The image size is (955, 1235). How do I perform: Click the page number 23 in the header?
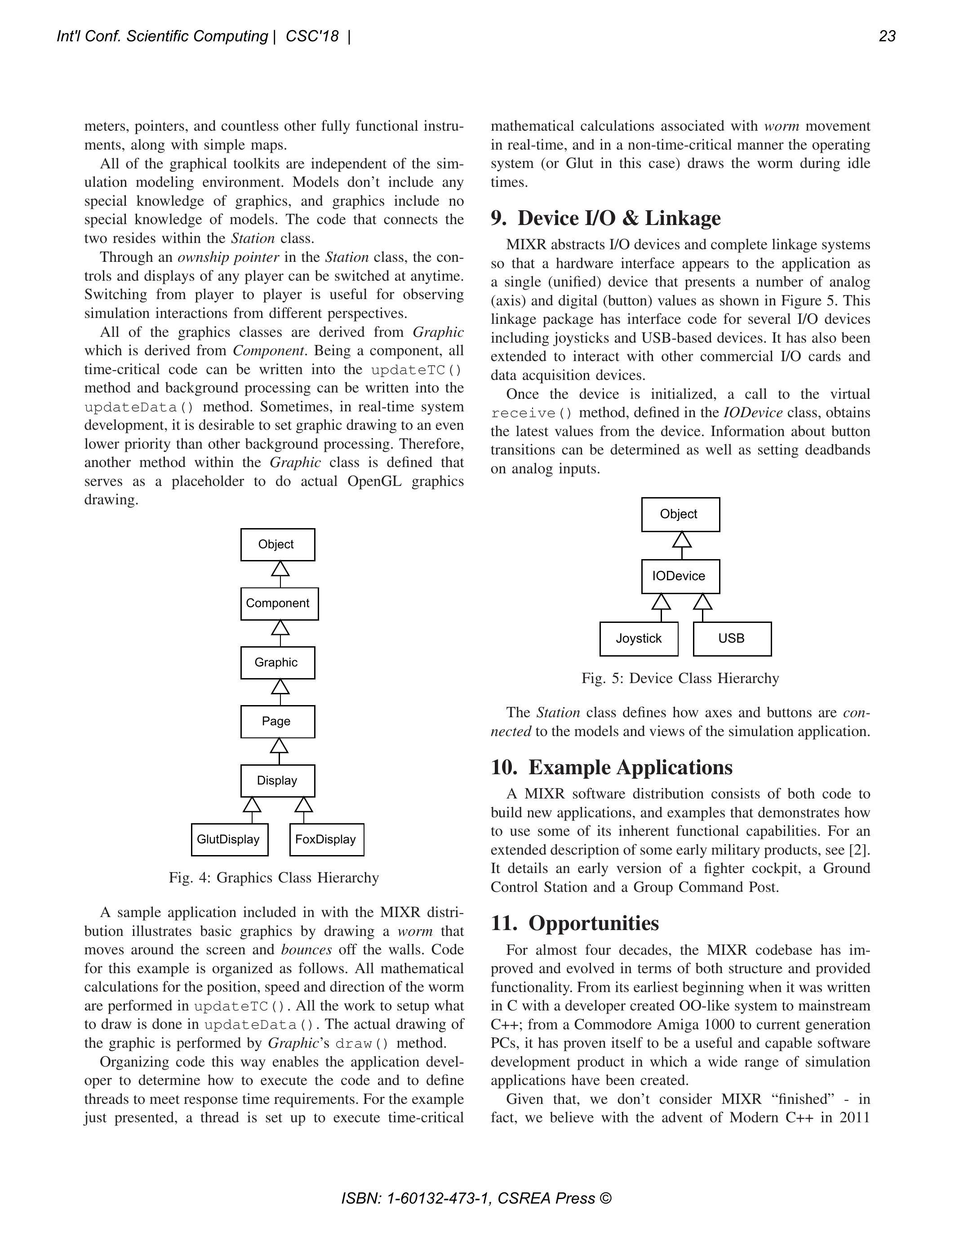point(887,36)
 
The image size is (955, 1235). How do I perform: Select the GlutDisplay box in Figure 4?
point(229,839)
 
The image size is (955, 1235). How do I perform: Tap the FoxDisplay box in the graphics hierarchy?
point(326,839)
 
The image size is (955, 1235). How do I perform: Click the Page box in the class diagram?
point(277,722)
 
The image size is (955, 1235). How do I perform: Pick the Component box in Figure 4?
point(279,604)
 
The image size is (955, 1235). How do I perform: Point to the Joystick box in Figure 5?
point(638,639)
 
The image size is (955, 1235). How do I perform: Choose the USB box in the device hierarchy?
point(732,639)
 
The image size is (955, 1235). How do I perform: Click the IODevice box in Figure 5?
point(680,576)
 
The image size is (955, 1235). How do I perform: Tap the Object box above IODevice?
point(680,514)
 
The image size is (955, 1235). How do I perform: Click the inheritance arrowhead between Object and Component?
point(280,568)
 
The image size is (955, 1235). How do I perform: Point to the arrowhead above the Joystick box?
point(661,602)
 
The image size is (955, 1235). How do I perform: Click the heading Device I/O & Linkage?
point(606,218)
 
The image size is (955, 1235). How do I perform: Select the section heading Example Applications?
point(612,767)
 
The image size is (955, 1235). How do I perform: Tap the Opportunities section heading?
point(575,923)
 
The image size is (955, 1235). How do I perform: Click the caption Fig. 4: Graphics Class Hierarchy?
point(274,878)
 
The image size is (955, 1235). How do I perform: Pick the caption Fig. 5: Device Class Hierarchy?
point(680,678)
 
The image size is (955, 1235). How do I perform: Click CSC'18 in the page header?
point(312,36)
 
